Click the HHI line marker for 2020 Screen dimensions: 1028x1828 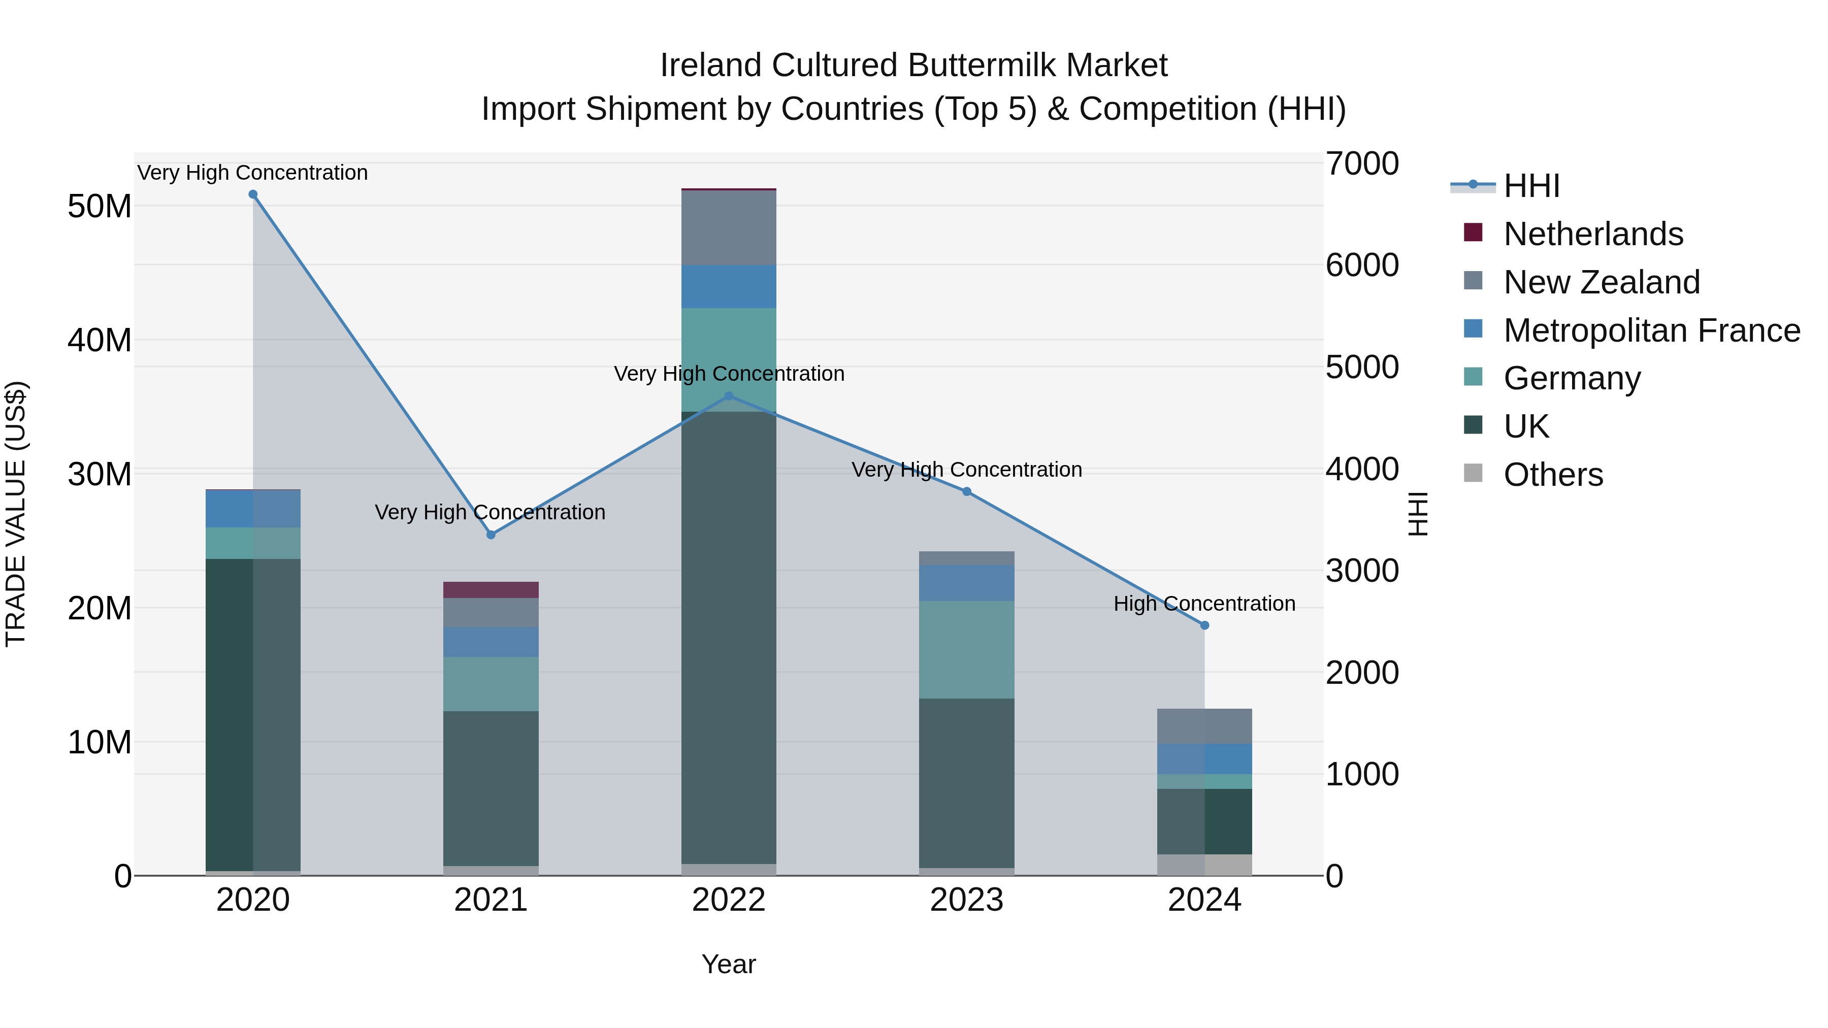click(x=253, y=194)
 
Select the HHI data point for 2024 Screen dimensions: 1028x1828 click(x=1204, y=625)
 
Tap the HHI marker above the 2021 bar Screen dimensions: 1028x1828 click(x=491, y=534)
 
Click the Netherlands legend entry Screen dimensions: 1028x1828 click(x=1592, y=234)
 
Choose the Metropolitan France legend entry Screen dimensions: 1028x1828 click(x=1651, y=330)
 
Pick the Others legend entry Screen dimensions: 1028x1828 click(x=1553, y=475)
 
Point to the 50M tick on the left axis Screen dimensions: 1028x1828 click(x=100, y=207)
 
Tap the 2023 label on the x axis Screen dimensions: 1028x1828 click(x=966, y=900)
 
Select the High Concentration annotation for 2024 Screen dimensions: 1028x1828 click(x=1204, y=604)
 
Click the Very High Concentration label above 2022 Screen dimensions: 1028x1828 click(x=729, y=374)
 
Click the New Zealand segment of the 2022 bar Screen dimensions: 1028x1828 click(x=729, y=228)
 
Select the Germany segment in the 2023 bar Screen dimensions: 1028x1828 click(x=966, y=649)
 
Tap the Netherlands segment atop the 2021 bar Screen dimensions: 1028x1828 click(x=491, y=589)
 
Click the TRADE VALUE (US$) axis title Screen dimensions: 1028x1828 click(x=16, y=514)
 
